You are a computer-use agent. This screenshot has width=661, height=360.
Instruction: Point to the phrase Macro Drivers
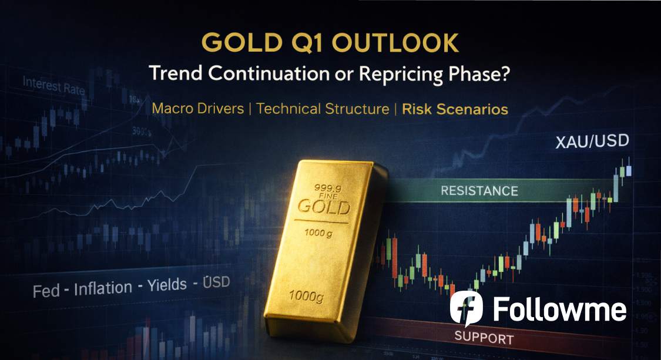click(x=197, y=109)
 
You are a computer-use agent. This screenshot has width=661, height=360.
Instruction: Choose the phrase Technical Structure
click(x=323, y=109)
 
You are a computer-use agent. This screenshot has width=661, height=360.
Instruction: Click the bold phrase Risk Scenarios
click(x=455, y=109)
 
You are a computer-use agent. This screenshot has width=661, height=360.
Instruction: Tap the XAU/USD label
click(x=592, y=142)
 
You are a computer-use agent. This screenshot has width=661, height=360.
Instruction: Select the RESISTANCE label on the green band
click(x=479, y=191)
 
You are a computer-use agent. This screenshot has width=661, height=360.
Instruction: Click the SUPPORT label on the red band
click(x=484, y=338)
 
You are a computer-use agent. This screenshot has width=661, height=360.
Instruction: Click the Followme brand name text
click(x=559, y=309)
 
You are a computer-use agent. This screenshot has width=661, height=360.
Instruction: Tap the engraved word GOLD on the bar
click(x=323, y=207)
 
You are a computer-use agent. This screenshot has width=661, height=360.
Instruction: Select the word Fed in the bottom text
click(x=46, y=290)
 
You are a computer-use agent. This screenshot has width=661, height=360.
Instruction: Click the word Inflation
click(x=103, y=288)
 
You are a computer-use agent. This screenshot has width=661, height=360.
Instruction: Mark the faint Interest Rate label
click(x=53, y=86)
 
